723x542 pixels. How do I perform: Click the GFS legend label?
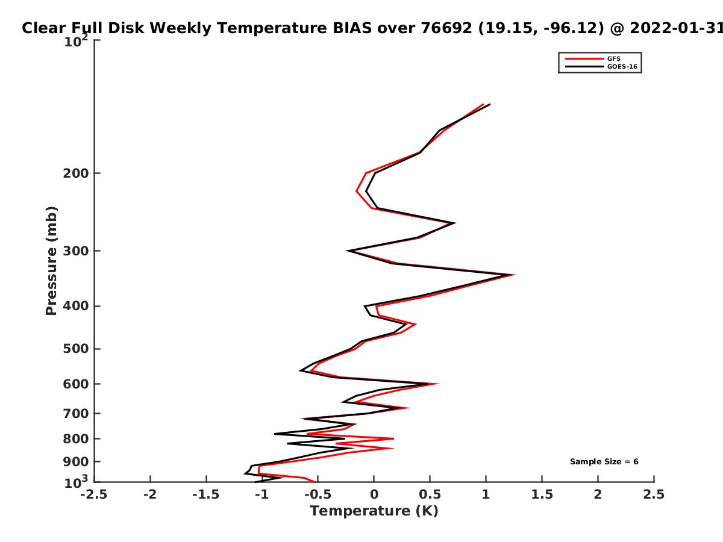tap(613, 59)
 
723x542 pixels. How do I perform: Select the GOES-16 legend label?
tap(622, 67)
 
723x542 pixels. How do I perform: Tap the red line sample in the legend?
tap(584, 59)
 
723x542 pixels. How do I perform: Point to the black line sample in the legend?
tap(584, 67)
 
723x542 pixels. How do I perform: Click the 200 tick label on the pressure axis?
tap(76, 173)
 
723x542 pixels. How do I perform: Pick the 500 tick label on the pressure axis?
tap(76, 349)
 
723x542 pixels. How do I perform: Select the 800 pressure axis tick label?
tap(76, 439)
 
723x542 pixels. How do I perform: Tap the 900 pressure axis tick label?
tap(76, 462)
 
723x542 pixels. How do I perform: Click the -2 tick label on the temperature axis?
tap(150, 494)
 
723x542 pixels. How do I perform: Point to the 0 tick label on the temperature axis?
tap(374, 494)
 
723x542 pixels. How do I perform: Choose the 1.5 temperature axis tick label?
tap(542, 494)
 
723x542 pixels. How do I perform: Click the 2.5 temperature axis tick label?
tap(654, 494)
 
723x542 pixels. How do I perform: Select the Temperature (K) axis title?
tap(374, 511)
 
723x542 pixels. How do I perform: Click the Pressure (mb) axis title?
tap(51, 261)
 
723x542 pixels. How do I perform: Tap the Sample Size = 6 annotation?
tap(604, 462)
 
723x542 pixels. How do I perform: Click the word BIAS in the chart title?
tap(352, 28)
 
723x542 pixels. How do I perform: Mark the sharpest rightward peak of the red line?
tap(514, 275)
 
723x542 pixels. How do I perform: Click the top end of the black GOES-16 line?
tap(490, 104)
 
